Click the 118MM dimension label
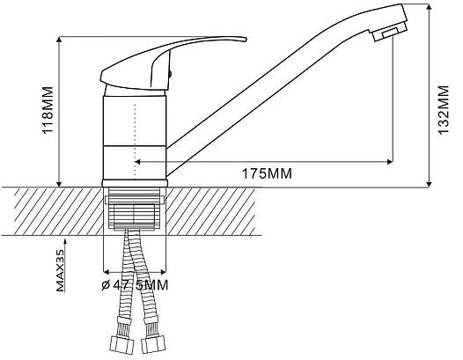click(48, 110)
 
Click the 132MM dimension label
click(444, 110)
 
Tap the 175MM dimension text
click(267, 173)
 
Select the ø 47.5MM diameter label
click(135, 285)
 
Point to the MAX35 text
click(60, 270)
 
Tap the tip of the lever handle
click(246, 40)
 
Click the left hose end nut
click(122, 345)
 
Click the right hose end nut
click(152, 345)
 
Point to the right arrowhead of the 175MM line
click(390, 162)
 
